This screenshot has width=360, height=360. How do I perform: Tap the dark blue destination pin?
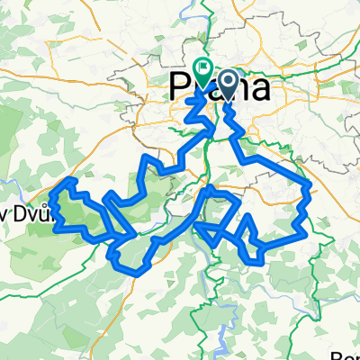coord(226,86)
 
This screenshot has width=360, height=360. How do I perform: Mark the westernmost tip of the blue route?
coord(53,206)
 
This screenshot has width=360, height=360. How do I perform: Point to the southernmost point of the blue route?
coord(126,267)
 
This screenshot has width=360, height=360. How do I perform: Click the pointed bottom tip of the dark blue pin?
coord(226,99)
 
